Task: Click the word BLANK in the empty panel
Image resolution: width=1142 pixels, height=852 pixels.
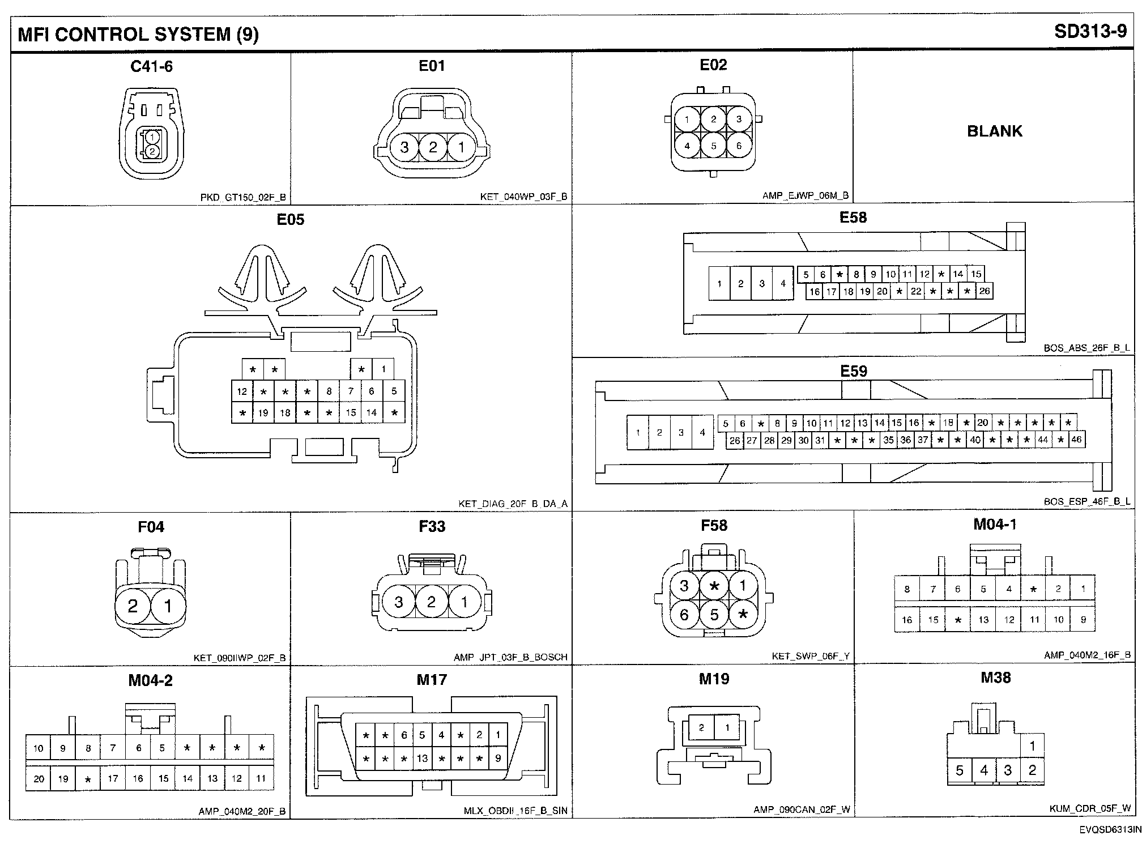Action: tap(994, 131)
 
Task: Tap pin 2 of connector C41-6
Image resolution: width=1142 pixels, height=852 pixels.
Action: tap(152, 151)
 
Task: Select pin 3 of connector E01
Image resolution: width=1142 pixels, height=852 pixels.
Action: tap(404, 148)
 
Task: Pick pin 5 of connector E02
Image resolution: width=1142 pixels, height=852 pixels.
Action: tap(713, 146)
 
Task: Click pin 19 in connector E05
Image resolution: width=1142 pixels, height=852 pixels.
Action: tap(263, 413)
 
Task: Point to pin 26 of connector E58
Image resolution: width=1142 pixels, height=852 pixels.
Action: tap(985, 291)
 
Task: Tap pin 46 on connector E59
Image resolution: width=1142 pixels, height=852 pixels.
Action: tap(1076, 440)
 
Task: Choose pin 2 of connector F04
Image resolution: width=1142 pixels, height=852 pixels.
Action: tap(133, 607)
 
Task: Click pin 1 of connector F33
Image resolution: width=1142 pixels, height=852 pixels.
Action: tap(465, 602)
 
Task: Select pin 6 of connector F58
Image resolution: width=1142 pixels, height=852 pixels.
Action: tap(684, 615)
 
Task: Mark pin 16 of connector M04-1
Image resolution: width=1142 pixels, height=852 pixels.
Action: tap(907, 620)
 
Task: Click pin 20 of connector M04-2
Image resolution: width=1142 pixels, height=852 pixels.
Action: tap(39, 779)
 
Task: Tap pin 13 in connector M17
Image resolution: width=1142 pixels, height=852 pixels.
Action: tap(422, 759)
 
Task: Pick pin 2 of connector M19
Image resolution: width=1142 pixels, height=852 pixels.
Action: tap(701, 728)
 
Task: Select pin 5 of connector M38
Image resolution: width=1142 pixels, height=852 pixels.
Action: tap(960, 770)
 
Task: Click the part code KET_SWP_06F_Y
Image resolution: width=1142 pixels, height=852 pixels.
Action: tap(811, 657)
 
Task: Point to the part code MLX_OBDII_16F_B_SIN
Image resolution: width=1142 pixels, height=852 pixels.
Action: tap(515, 811)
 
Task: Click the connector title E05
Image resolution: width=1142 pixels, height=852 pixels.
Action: tap(290, 219)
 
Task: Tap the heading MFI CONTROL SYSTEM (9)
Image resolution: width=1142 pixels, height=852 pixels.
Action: tap(138, 35)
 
